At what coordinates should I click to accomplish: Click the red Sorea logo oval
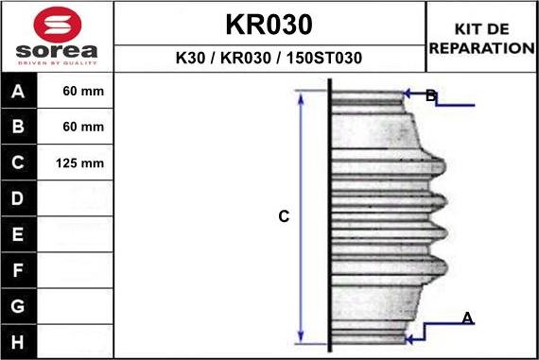pos(58,25)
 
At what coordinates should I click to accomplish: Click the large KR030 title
pos(269,25)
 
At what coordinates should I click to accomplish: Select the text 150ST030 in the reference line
pos(324,58)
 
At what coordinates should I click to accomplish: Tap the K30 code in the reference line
pos(190,58)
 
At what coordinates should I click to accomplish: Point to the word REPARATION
pos(482,48)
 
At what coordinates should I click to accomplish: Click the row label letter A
pos(18,92)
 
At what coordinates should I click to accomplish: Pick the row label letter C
pos(18,163)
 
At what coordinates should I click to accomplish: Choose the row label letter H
pos(18,342)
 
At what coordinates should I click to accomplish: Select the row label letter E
pos(18,234)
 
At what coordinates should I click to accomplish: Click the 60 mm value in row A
pos(83,91)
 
